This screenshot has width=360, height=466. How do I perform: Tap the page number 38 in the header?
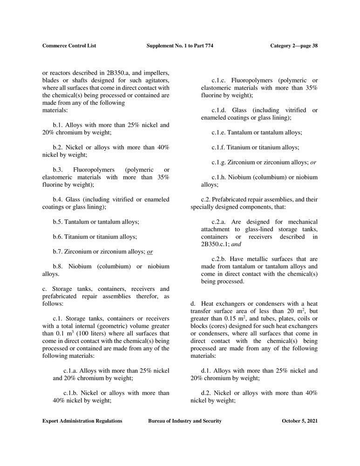[x=313, y=46]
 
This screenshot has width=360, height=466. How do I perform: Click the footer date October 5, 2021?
[x=300, y=421]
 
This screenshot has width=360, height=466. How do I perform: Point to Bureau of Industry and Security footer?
[x=184, y=421]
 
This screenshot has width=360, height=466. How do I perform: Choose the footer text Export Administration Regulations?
[x=82, y=421]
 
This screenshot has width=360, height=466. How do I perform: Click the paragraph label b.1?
[x=58, y=125]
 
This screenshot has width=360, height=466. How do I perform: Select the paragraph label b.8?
[x=58, y=266]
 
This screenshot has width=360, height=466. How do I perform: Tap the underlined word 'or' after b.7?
[x=150, y=252]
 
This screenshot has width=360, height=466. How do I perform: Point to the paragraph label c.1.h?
[x=220, y=177]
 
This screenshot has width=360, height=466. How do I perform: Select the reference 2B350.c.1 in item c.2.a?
[x=215, y=244]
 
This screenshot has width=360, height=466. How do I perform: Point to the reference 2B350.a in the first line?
[x=137, y=74]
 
